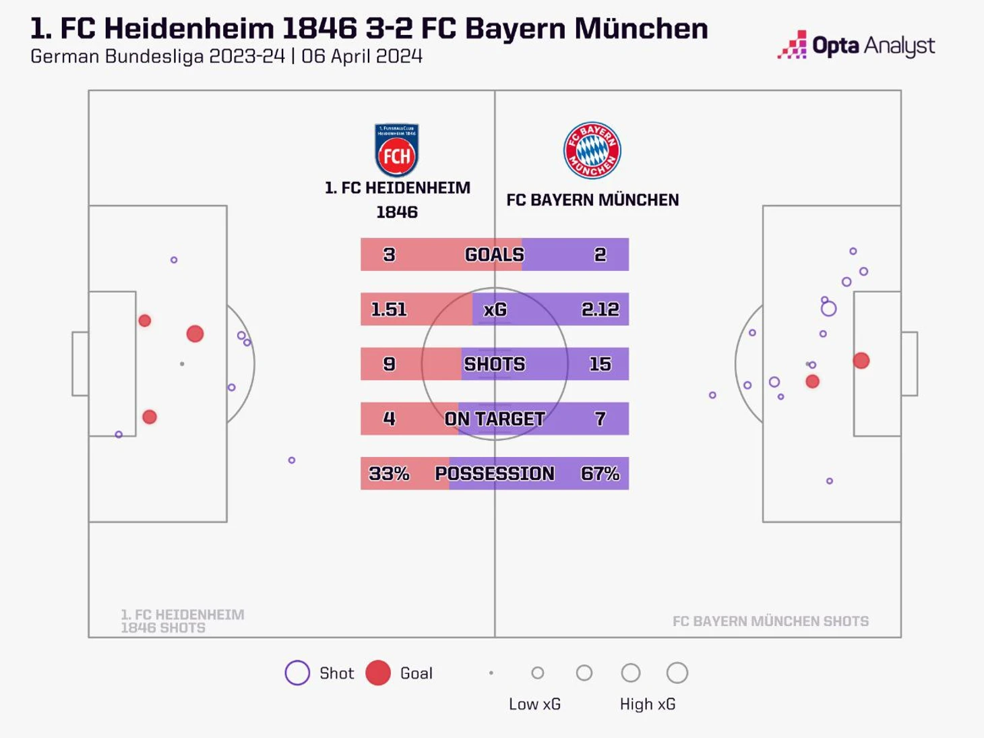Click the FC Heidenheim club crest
click(396, 150)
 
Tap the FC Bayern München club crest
click(592, 150)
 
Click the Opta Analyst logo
click(857, 45)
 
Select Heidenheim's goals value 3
click(389, 255)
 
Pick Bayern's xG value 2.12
click(600, 309)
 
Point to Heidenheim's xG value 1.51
click(389, 309)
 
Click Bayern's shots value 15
click(600, 364)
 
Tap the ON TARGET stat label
click(495, 419)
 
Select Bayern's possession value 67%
click(600, 474)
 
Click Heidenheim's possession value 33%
click(389, 474)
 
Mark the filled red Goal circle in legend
click(378, 673)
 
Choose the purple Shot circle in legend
click(297, 673)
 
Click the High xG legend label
click(648, 704)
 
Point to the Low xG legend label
click(534, 704)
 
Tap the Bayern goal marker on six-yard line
click(861, 361)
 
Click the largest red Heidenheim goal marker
click(195, 334)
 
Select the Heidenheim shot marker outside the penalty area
click(292, 460)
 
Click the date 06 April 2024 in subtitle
click(362, 56)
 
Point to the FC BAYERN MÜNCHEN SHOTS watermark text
click(770, 621)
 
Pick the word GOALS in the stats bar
click(495, 255)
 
